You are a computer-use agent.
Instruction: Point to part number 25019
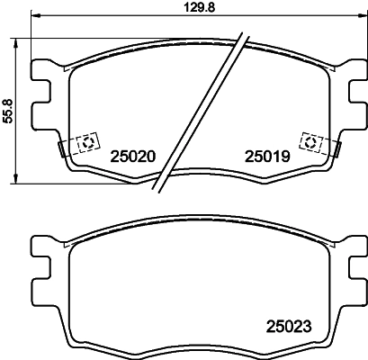(x=266, y=156)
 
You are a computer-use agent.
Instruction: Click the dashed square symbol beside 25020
(x=88, y=142)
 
